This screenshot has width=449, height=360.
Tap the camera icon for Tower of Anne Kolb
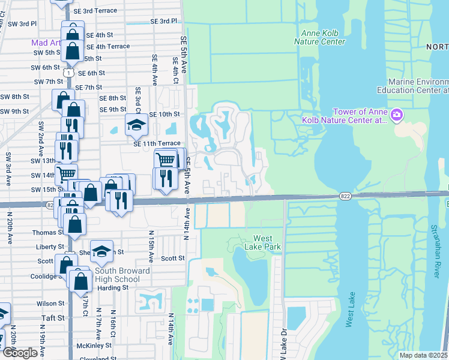click(x=396, y=115)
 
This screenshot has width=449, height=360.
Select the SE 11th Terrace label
click(x=157, y=143)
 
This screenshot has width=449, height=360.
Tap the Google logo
click(x=20, y=353)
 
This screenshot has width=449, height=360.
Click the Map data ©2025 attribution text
click(x=423, y=355)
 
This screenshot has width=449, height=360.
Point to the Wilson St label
click(x=50, y=304)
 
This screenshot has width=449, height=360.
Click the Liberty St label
click(x=50, y=247)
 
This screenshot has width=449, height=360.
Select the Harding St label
click(x=113, y=287)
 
